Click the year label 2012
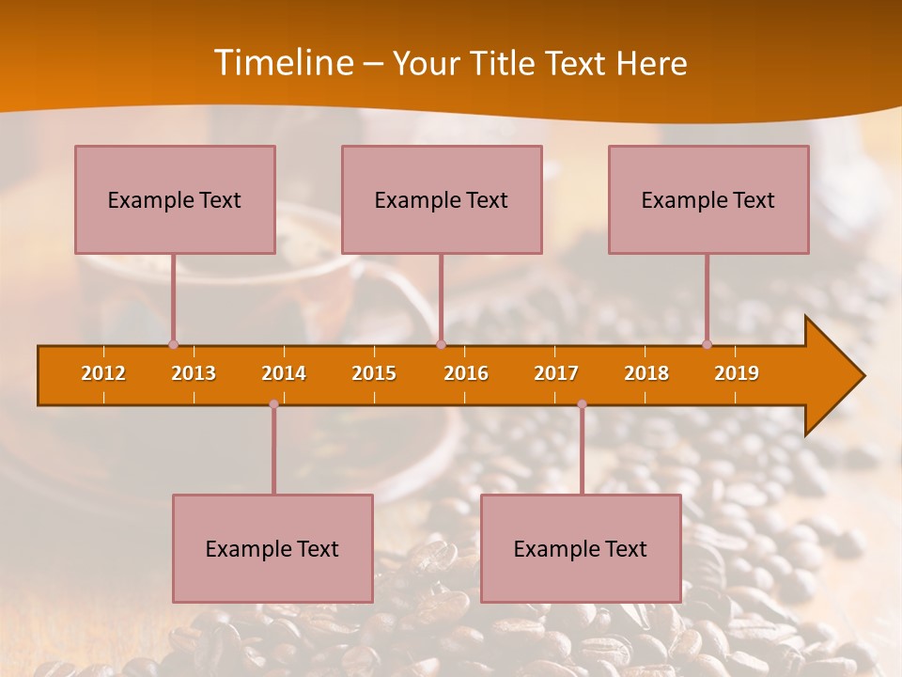(x=103, y=373)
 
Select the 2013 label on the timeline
(x=194, y=373)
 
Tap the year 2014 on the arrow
(x=284, y=373)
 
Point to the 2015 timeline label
(x=374, y=373)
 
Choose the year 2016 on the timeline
(x=466, y=373)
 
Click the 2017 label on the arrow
(x=556, y=373)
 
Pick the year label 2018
(x=646, y=373)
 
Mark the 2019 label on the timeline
(x=737, y=373)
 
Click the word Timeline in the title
(x=283, y=63)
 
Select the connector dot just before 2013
(x=173, y=345)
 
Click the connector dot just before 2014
(x=273, y=404)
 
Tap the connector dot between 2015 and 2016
(x=441, y=345)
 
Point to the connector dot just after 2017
(x=582, y=404)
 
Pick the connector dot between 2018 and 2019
(x=708, y=345)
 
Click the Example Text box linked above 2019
(x=708, y=199)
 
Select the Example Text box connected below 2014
(x=272, y=548)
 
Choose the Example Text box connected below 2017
(x=581, y=548)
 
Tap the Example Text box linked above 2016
(x=442, y=199)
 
